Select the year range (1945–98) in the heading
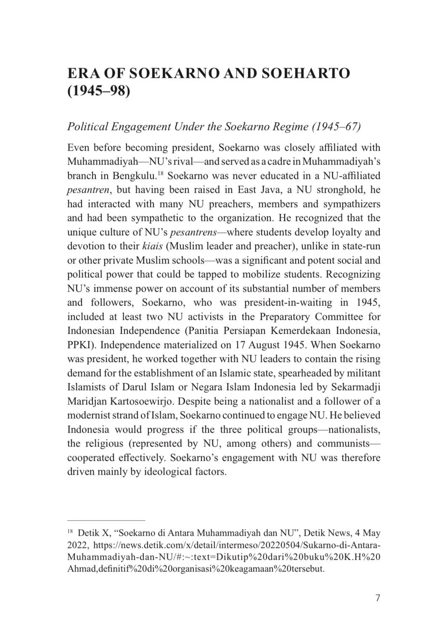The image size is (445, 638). click(x=99, y=91)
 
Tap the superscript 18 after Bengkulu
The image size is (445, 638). click(x=160, y=173)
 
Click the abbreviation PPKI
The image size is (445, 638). click(x=81, y=345)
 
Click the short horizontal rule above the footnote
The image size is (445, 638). click(x=106, y=521)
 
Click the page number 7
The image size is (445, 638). click(x=377, y=598)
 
